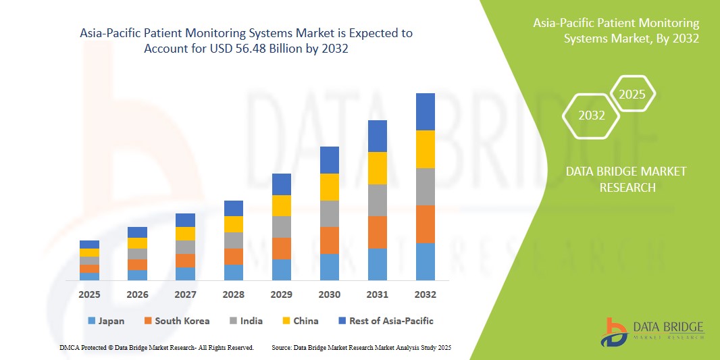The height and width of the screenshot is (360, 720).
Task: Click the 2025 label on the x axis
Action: pos(89,294)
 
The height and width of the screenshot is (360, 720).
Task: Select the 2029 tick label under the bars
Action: pos(282,294)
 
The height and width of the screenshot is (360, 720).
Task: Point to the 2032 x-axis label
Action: pos(426,294)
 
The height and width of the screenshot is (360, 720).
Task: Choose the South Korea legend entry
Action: pos(176,321)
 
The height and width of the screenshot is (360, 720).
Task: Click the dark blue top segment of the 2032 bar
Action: pos(426,111)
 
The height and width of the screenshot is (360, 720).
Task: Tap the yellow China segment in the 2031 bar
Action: pos(378,168)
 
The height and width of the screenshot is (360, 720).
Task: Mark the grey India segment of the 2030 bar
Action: pos(330,213)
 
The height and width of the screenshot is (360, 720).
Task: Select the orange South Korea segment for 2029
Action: pos(282,248)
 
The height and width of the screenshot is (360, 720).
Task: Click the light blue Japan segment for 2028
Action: pos(234,272)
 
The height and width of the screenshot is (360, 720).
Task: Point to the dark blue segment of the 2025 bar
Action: pos(89,245)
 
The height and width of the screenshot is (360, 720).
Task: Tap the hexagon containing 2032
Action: pos(592,115)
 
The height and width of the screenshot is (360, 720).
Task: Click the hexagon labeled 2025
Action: pos(632,94)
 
